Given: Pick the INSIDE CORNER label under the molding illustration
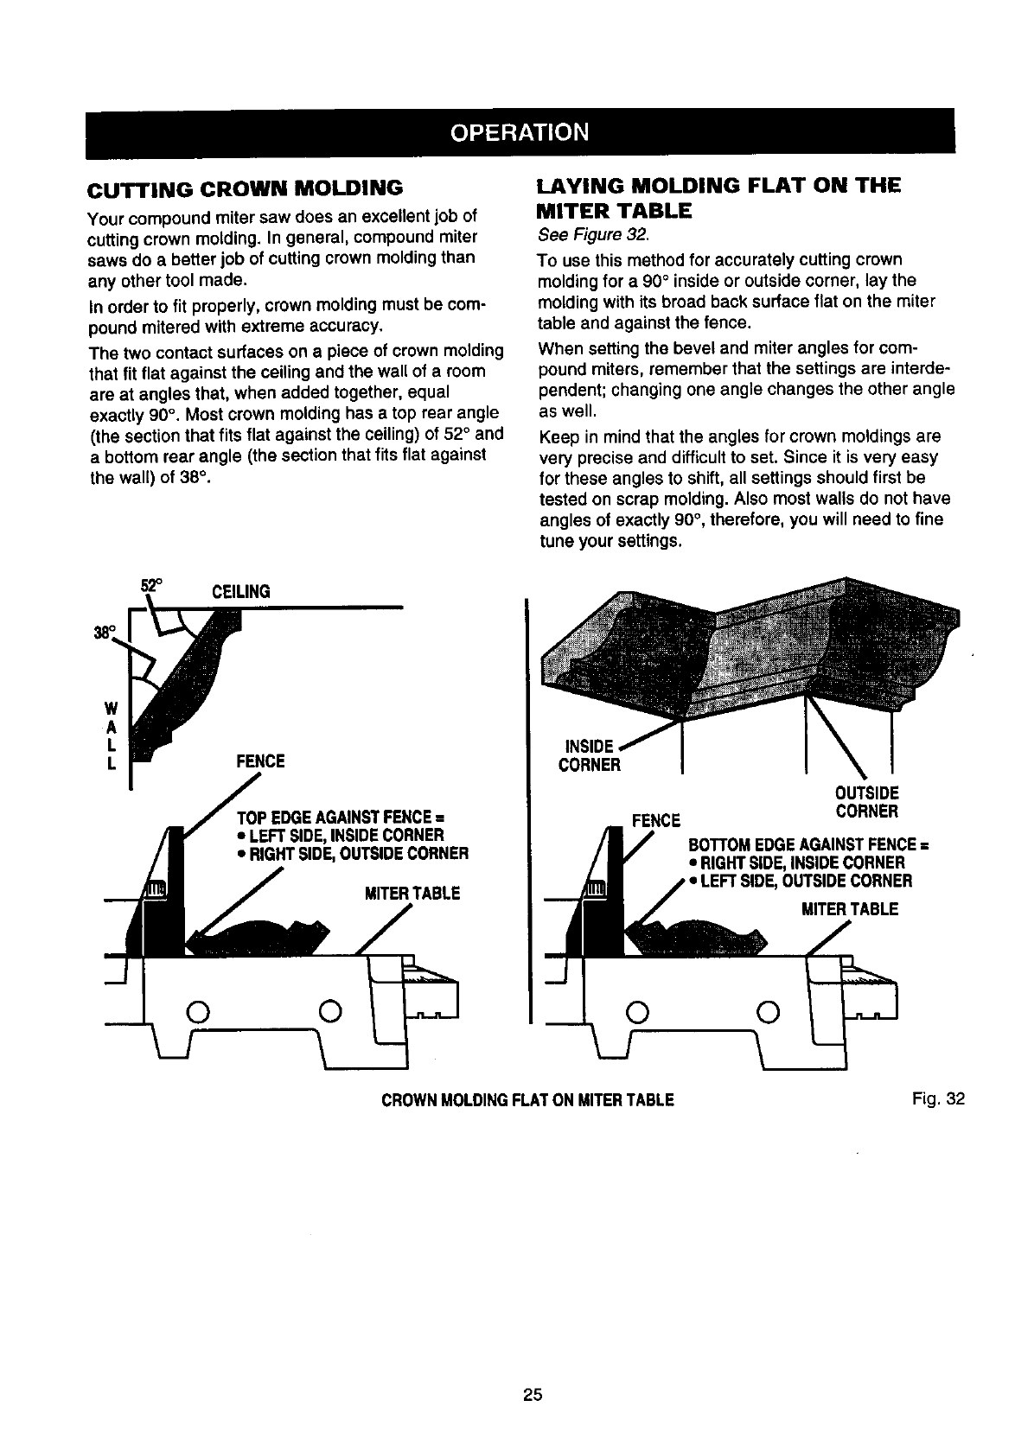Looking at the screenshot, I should (590, 756).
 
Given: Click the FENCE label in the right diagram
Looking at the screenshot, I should (657, 819).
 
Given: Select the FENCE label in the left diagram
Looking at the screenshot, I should (260, 761).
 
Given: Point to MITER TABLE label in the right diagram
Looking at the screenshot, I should (838, 909).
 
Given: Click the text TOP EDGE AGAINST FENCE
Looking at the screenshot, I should (340, 818).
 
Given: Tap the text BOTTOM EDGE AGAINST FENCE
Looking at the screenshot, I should (808, 844).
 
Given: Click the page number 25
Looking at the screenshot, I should (532, 1393).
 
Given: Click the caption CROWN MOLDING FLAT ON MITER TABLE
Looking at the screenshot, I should (527, 1100).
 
